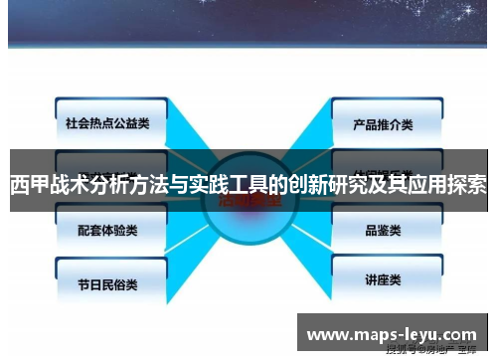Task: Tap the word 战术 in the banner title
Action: click(x=67, y=185)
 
